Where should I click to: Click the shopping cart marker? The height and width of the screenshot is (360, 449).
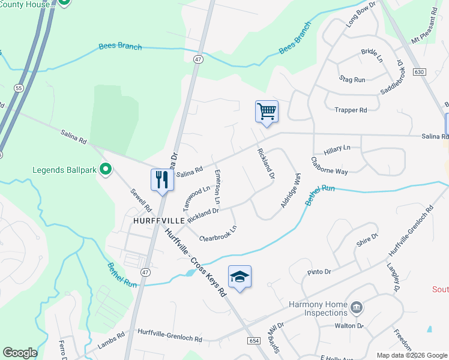267,112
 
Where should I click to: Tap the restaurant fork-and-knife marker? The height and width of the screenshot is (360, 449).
161,180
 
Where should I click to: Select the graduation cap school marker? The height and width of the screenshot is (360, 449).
240,277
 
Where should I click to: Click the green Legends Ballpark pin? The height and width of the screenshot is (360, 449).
106,170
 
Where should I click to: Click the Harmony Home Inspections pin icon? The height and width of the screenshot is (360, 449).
357,308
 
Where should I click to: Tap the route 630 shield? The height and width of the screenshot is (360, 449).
419,72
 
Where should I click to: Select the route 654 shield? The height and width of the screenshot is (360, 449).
253,340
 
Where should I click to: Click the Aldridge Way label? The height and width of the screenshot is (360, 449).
290,191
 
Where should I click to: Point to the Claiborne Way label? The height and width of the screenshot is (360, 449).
329,166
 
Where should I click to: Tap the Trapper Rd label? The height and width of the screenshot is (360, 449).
351,110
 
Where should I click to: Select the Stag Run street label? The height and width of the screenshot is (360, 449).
352,79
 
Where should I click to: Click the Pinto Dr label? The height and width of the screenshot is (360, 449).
319,272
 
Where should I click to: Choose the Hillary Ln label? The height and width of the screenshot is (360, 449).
337,147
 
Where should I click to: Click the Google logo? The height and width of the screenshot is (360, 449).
20,353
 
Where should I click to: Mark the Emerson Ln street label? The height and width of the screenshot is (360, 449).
217,187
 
